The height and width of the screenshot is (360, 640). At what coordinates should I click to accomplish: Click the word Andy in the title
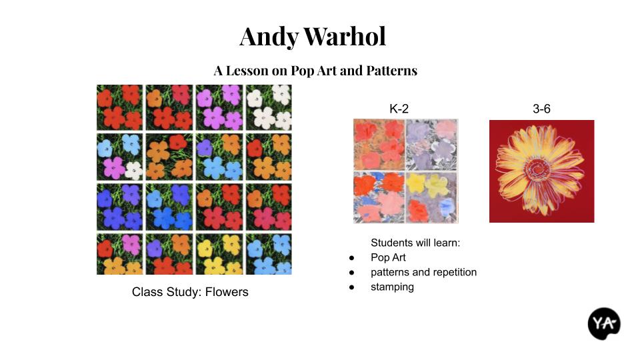coord(269,37)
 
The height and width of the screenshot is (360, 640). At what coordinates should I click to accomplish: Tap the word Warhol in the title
coord(345,36)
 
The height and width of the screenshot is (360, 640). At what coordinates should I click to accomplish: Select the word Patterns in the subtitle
coord(392,71)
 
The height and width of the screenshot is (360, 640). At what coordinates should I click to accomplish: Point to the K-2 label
coord(399,109)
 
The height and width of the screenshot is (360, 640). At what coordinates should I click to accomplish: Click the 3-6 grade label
coord(541,109)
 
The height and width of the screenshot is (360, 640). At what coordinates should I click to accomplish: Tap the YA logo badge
coord(604,324)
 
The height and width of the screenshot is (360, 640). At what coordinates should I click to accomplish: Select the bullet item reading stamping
coord(392,287)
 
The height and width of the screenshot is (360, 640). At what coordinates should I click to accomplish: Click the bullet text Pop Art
coord(388,257)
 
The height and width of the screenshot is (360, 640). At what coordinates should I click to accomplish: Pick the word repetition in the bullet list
coord(454,272)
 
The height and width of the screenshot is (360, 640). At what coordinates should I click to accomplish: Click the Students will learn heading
coord(415,243)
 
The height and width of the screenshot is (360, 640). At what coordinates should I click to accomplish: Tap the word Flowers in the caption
coord(227,292)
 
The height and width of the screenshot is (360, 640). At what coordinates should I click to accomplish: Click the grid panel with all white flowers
coord(269,107)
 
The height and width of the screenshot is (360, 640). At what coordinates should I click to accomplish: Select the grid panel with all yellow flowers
coord(219,254)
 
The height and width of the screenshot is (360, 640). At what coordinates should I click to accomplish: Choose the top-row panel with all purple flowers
coord(219,107)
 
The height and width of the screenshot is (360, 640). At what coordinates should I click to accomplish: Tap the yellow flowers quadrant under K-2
coord(432,197)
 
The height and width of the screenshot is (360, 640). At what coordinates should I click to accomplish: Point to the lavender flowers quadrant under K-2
coord(432,145)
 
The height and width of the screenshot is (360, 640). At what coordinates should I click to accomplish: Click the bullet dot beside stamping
coord(351,287)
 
